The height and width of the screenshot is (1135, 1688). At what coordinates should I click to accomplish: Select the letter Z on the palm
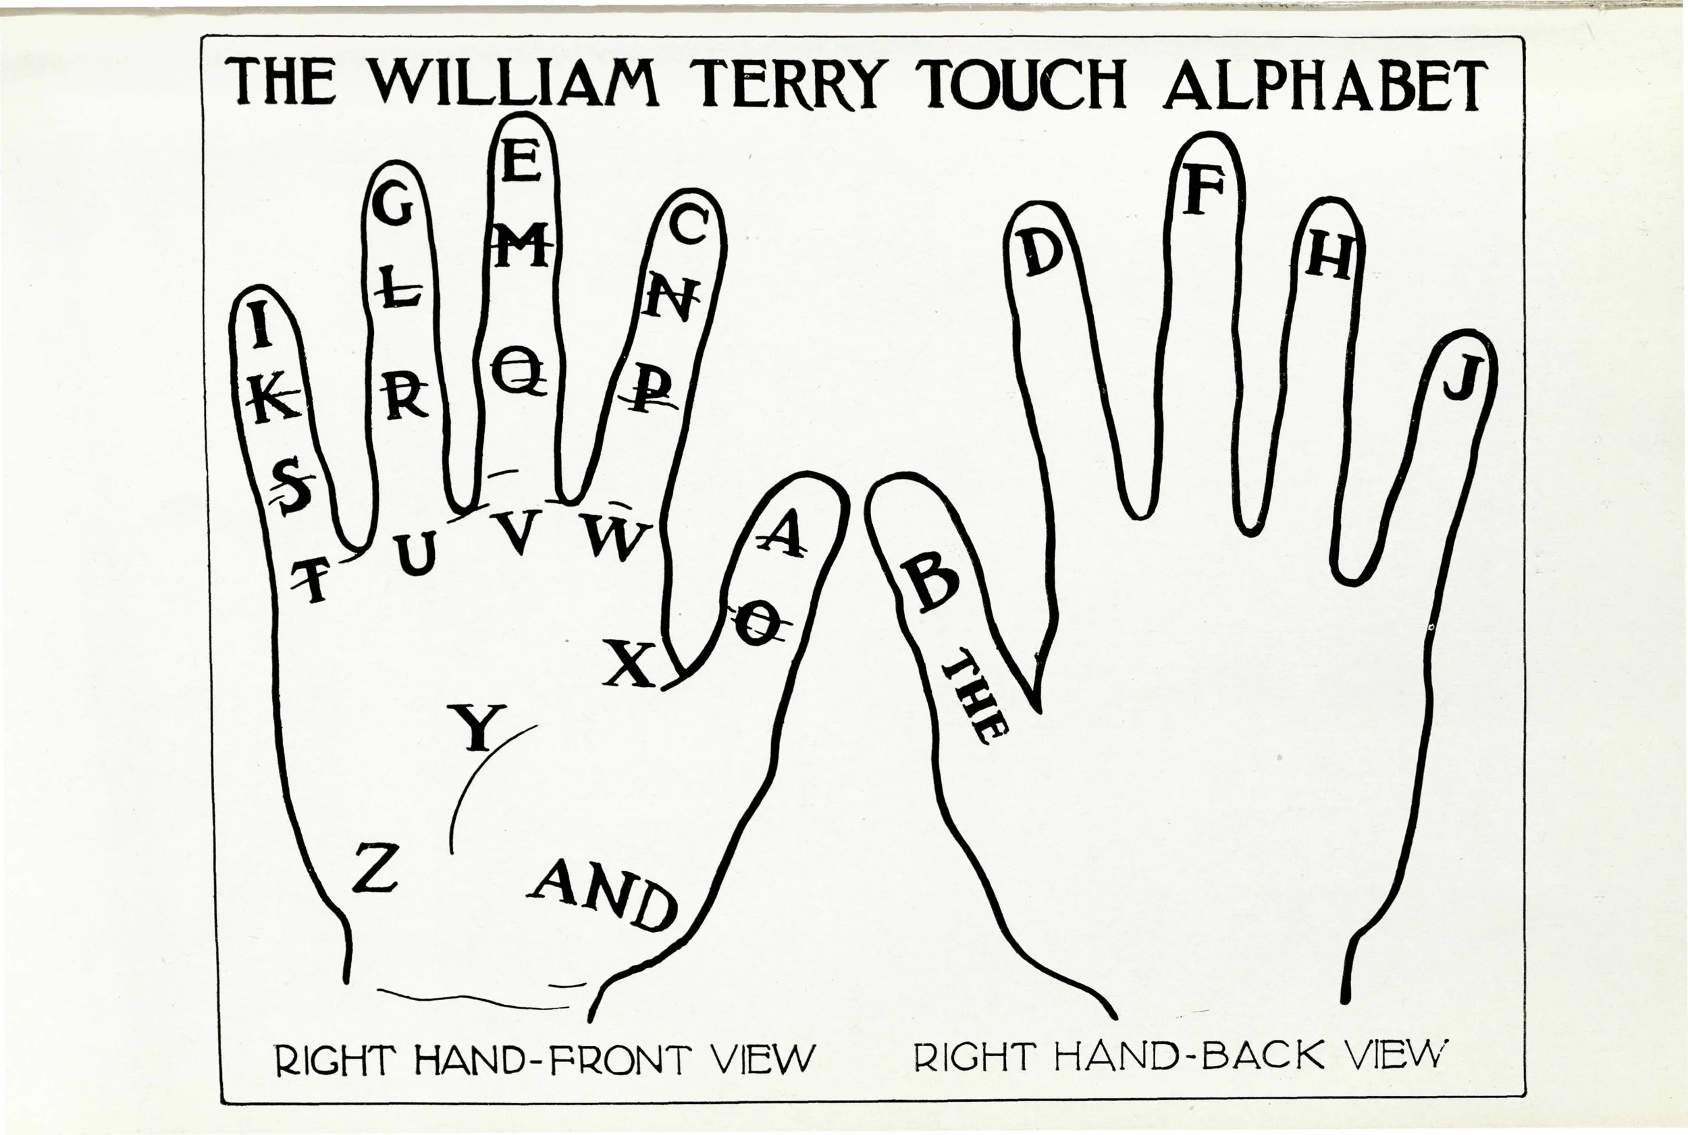click(x=375, y=867)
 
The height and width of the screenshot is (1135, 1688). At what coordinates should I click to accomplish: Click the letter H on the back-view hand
click(x=1329, y=258)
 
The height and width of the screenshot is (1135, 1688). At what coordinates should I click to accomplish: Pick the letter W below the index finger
click(x=616, y=538)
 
